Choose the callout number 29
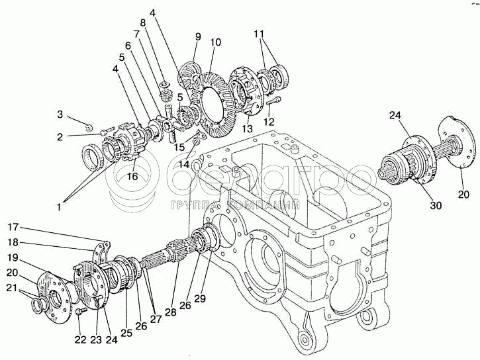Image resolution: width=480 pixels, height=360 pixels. tap(200, 298)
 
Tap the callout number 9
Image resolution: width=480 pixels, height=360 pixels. tap(197, 37)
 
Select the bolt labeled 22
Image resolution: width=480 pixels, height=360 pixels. tap(81, 310)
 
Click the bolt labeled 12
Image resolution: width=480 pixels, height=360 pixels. tap(276, 101)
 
